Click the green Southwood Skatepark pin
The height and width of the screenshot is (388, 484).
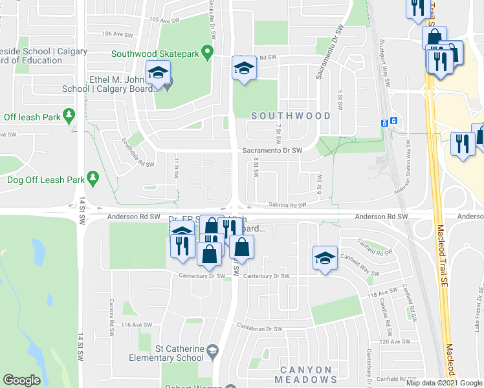click(x=208, y=52)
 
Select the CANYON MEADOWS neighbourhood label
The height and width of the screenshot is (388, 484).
click(x=306, y=375)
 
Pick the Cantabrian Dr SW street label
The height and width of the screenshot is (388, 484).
click(x=259, y=329)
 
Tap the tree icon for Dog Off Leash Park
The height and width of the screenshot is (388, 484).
click(x=93, y=177)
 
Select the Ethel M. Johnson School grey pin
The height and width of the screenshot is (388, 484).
click(x=168, y=85)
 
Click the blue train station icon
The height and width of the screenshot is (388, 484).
click(x=384, y=123)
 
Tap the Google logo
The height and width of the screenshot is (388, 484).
click(x=21, y=380)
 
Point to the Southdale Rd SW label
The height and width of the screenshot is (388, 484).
click(x=138, y=153)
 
